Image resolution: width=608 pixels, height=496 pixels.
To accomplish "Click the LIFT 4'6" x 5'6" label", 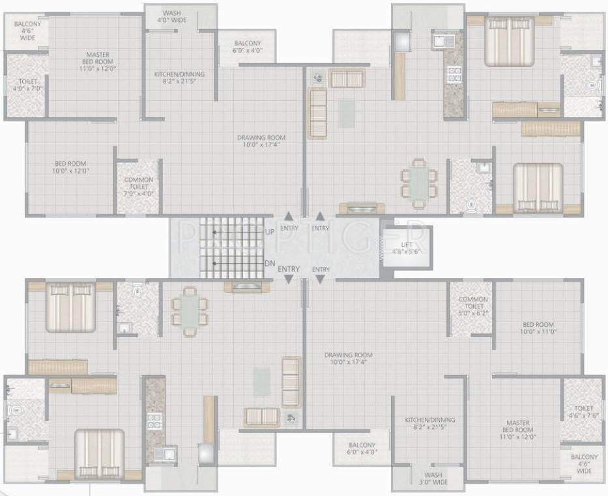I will click(407, 248).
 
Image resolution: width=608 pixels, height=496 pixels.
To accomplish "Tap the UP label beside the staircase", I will click(270, 232).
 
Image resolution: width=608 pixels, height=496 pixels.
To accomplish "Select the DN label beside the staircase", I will click(270, 263).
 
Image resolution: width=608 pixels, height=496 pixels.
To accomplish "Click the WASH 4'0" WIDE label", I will click(172, 16).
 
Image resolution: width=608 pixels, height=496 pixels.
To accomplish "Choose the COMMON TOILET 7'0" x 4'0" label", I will click(138, 186).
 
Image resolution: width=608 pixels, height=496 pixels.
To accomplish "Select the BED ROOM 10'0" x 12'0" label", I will click(70, 167).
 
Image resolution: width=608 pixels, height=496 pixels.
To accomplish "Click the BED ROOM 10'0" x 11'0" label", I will click(537, 328).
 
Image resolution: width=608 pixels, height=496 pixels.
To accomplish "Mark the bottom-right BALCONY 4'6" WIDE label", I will click(584, 463).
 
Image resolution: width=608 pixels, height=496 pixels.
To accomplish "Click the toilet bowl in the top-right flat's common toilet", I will click(470, 206).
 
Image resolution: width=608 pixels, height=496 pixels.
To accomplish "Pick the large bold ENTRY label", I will click(289, 269).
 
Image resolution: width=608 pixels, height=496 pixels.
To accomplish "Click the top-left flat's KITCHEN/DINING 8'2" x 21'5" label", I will click(179, 78).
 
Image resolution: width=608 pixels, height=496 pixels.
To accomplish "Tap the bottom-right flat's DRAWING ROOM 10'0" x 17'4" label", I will click(351, 358).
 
